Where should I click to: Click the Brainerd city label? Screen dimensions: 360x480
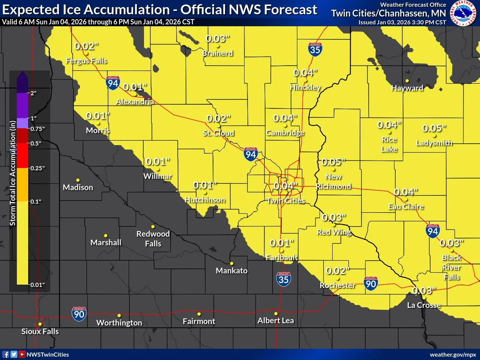pyautogui.click(x=217, y=53)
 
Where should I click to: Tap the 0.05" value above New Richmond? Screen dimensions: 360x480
pyautogui.click(x=333, y=162)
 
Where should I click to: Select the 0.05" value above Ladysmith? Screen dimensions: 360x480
pyautogui.click(x=434, y=128)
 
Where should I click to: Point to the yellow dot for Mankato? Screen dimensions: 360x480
pyautogui.click(x=232, y=264)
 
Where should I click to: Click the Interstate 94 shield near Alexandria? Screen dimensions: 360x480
pyautogui.click(x=113, y=83)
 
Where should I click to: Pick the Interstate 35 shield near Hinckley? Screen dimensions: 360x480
pyautogui.click(x=315, y=49)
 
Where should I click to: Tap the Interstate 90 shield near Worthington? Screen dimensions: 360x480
pyautogui.click(x=79, y=313)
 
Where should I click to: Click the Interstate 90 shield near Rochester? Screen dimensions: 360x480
pyautogui.click(x=370, y=283)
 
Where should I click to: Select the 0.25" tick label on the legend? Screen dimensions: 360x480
pyautogui.click(x=37, y=168)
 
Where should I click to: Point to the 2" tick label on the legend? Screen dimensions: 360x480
pyautogui.click(x=34, y=93)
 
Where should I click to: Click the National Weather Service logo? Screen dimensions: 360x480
pyautogui.click(x=463, y=13)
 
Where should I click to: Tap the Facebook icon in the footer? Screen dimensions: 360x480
pyautogui.click(x=6, y=354)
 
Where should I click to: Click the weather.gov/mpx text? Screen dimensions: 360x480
pyautogui.click(x=453, y=354)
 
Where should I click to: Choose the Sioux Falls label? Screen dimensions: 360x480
pyautogui.click(x=40, y=331)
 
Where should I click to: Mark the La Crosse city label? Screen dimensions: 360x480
pyautogui.click(x=424, y=305)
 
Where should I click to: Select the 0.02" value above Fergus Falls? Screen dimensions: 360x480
pyautogui.click(x=86, y=46)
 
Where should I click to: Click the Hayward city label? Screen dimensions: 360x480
pyautogui.click(x=407, y=88)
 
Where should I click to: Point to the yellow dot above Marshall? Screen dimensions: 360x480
pyautogui.click(x=106, y=236)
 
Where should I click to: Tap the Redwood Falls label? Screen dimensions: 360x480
pyautogui.click(x=153, y=238)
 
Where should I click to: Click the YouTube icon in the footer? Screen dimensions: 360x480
pyautogui.click(x=22, y=354)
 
